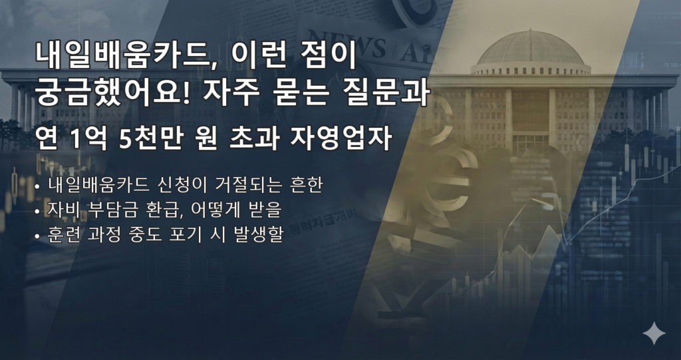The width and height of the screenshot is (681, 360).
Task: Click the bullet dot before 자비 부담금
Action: tap(37, 212)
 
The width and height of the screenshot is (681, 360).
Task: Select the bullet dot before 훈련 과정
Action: tap(37, 237)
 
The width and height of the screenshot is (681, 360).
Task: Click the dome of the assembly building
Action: tap(530, 48)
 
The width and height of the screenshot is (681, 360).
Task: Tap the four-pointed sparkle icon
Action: tap(654, 333)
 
